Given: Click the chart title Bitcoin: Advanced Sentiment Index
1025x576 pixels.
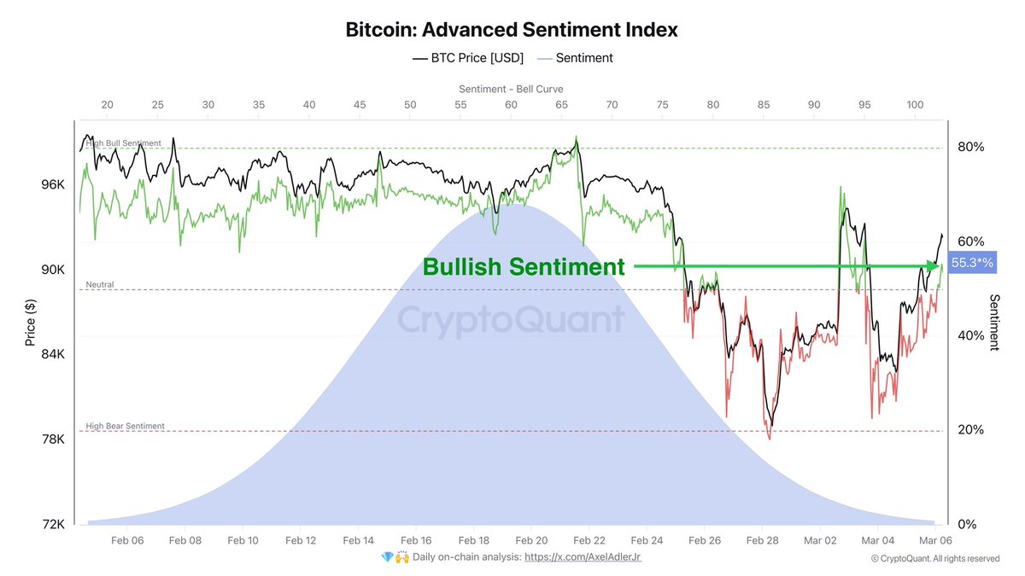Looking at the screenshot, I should [x=512, y=29].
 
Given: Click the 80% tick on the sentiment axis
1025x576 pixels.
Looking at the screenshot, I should [x=970, y=147].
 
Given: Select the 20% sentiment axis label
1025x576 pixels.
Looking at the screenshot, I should [x=970, y=430].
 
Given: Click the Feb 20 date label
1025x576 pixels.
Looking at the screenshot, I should [x=532, y=540].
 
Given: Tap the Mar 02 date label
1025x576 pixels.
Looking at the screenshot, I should [x=821, y=540].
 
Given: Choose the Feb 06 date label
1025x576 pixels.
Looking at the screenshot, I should [x=126, y=540].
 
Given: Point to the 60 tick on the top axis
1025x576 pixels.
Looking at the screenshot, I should [x=511, y=104].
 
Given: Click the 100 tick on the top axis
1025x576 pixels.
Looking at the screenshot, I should [x=915, y=104].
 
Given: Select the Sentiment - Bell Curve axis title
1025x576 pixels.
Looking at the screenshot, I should [x=511, y=89].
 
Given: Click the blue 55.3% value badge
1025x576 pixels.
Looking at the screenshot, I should [x=973, y=265].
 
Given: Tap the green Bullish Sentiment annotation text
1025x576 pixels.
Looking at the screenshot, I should [x=524, y=267].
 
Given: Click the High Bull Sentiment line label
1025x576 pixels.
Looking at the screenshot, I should [x=124, y=143].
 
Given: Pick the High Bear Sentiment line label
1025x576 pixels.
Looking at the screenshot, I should [x=126, y=426].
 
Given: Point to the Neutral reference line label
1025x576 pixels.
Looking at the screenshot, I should [x=100, y=284].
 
